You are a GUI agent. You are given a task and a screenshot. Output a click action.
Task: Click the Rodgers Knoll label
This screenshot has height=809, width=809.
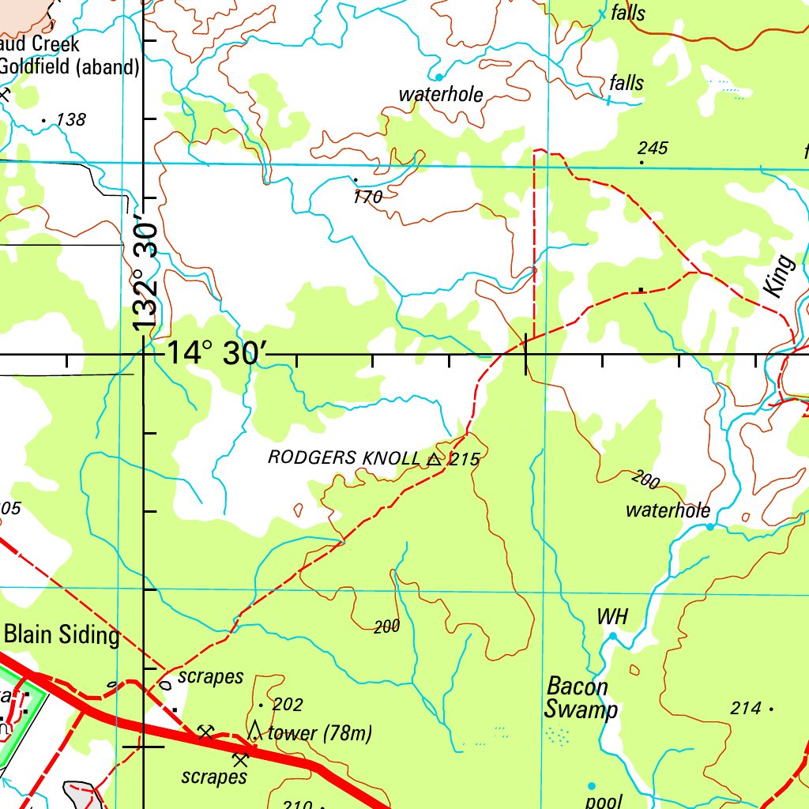(x=344, y=457)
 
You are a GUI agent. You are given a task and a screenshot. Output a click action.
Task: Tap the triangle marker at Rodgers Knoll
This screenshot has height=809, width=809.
(x=434, y=458)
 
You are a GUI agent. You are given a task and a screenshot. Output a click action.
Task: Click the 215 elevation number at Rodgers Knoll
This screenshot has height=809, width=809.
(x=465, y=459)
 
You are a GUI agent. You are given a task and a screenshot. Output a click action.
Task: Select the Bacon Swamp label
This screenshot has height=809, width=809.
(x=580, y=698)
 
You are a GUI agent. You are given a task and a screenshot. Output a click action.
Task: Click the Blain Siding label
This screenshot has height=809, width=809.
(x=62, y=634)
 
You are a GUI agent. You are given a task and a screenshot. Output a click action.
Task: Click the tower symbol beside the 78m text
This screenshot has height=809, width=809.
(x=254, y=730)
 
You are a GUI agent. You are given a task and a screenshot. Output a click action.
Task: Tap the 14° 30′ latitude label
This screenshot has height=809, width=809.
(x=212, y=353)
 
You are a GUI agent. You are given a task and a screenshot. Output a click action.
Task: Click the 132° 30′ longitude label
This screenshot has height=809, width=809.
(x=145, y=273)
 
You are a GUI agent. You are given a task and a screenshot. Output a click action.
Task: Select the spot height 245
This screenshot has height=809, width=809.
(x=653, y=149)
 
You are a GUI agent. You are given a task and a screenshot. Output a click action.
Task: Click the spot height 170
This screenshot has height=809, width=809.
(x=367, y=198)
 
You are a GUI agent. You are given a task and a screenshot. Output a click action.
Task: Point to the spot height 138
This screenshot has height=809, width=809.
(x=70, y=120)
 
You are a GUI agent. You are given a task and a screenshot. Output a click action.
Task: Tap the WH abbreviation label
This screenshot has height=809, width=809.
(x=612, y=617)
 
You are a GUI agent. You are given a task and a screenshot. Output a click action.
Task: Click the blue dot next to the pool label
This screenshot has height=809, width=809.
(x=591, y=786)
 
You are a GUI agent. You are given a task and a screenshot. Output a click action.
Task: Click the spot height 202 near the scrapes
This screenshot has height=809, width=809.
(x=287, y=704)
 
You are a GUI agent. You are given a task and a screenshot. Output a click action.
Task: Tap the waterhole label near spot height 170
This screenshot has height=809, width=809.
(x=441, y=95)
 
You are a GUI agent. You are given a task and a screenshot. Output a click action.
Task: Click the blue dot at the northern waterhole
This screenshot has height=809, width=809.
(x=439, y=77)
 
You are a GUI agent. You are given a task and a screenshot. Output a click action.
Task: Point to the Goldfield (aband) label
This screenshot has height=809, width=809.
(x=70, y=67)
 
